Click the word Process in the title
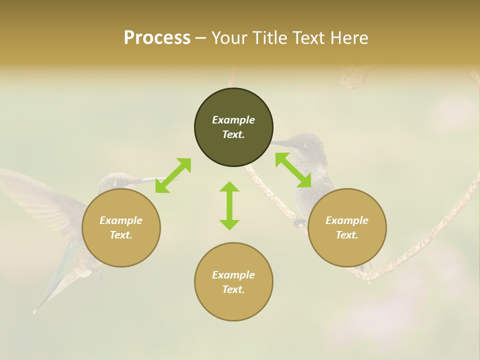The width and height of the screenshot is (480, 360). pos(157,37)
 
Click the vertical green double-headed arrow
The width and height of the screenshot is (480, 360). pos(229,205)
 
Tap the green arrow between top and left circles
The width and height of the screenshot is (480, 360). pos(173,175)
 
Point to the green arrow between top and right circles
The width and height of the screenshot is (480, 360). pos(293,170)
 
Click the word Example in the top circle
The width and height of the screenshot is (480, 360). pos(233,120)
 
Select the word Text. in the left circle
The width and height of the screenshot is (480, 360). pos(121,235)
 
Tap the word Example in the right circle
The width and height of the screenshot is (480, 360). pos(347,220)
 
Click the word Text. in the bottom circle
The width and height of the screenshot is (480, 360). pos(233,289)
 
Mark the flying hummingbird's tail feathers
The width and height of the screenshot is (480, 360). pos(47,295)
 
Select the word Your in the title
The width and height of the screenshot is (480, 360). pos(228,37)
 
